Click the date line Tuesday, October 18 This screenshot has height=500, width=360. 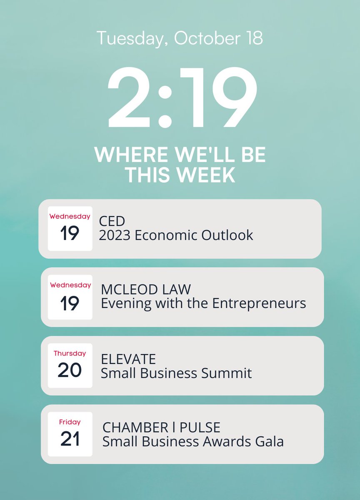[180, 38]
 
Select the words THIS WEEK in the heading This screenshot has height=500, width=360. [180, 175]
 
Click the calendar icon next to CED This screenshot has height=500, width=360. [70, 228]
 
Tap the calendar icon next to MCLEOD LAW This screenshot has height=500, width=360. [70, 297]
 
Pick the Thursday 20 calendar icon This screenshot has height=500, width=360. [70, 365]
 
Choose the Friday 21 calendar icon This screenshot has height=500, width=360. [70, 434]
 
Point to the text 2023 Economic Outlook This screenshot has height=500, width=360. [176, 235]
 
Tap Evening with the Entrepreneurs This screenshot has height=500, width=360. [203, 303]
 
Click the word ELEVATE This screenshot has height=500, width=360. [128, 359]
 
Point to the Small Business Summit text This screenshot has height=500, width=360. [176, 372]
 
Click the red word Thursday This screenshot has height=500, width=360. [70, 353]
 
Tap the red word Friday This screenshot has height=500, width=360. [70, 422]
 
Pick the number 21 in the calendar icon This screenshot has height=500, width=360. [70, 439]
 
